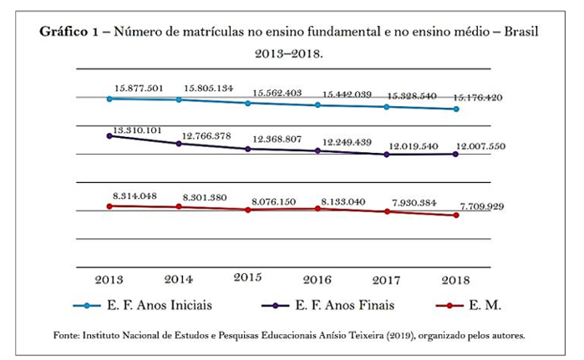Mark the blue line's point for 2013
click(x=109, y=99)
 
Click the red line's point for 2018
click(x=456, y=215)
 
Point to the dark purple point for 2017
click(x=387, y=155)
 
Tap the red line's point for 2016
click(x=317, y=208)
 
